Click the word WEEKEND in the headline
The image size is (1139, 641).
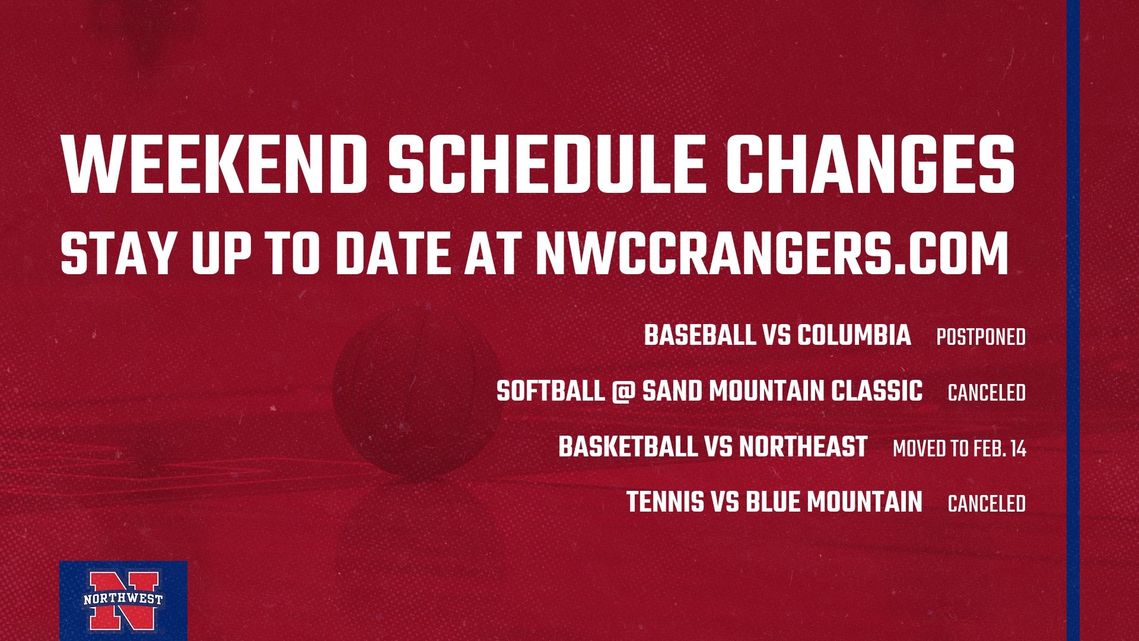click(214, 164)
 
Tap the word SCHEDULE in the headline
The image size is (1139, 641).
click(546, 164)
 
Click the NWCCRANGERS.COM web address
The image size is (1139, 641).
click(772, 253)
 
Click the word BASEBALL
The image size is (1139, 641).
click(699, 335)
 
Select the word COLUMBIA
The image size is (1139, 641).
click(854, 335)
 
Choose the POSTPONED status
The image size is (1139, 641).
click(981, 337)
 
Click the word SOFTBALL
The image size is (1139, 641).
click(550, 391)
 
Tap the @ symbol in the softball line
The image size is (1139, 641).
click(623, 392)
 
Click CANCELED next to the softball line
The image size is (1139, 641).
click(987, 393)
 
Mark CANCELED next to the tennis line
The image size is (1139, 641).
click(987, 504)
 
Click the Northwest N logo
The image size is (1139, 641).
click(123, 601)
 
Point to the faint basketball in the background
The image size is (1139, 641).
click(418, 395)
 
